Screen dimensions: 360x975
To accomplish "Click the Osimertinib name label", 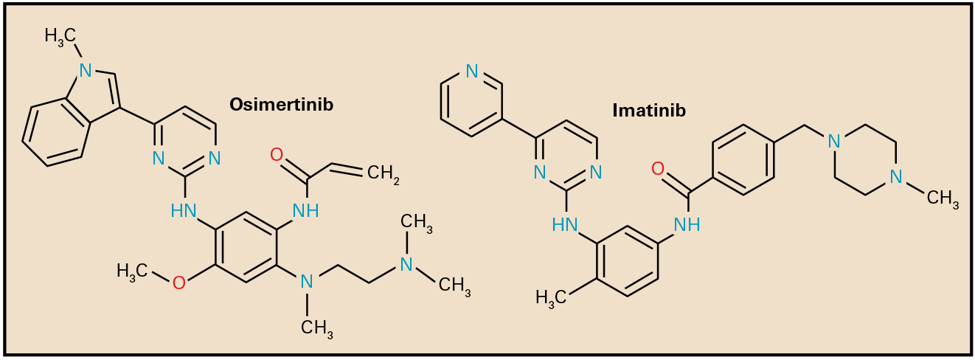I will pos(281,105).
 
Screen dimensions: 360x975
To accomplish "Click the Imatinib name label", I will pos(649,111).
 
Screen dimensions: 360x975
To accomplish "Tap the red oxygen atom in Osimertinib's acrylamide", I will pos(277,155).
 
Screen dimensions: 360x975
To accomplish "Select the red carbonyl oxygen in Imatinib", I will pos(659,170).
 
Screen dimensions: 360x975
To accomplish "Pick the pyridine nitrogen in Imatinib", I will pos(472,72).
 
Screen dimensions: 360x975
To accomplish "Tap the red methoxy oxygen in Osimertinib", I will pos(178,282).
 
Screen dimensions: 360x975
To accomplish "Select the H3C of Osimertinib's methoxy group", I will pos(133,271).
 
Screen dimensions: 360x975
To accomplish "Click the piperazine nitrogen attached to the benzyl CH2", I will pos(834,140).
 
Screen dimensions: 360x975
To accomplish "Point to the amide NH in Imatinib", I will pos(687,225).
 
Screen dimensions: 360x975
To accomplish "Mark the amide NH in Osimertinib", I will pos(306,211).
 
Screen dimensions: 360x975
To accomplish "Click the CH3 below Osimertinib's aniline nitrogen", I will pos(318,327).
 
